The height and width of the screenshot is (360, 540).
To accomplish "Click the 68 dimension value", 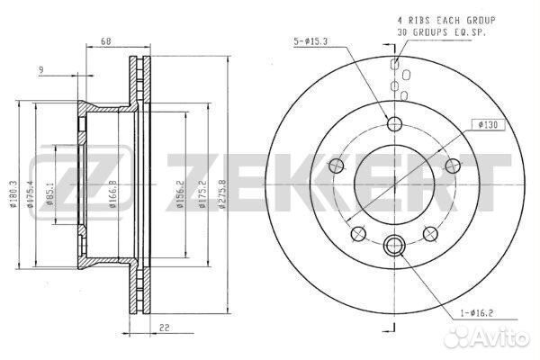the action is click(x=106, y=41).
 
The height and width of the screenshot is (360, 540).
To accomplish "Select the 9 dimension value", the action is click(x=41, y=70).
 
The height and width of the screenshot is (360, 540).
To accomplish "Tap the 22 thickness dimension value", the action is click(x=165, y=328).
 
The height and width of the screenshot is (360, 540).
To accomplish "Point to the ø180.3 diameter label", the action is click(x=13, y=194).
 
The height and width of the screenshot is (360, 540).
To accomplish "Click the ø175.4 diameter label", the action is click(x=30, y=194).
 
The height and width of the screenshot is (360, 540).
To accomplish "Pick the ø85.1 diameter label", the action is click(x=49, y=195).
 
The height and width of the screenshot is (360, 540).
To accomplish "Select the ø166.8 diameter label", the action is click(x=112, y=194).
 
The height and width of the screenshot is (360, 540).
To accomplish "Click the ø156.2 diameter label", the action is click(x=180, y=194).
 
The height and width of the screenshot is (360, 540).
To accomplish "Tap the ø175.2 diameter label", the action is click(x=202, y=194).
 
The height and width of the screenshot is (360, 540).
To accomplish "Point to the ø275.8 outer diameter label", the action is click(x=222, y=194).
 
